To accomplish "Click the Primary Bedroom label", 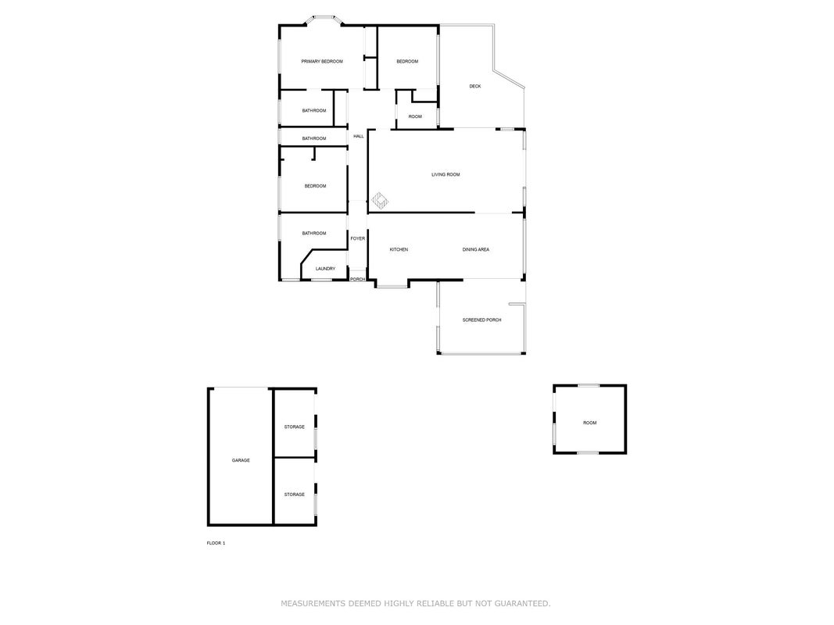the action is pyautogui.click(x=322, y=62).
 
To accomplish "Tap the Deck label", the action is pyautogui.click(x=475, y=86).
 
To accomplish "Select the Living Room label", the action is pyautogui.click(x=446, y=174).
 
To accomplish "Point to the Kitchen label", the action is pyautogui.click(x=399, y=249).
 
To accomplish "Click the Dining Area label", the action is pyautogui.click(x=475, y=249).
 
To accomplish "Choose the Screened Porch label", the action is pyautogui.click(x=482, y=320).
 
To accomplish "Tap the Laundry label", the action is pyautogui.click(x=325, y=269).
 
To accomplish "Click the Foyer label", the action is pyautogui.click(x=358, y=238).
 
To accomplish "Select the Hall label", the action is pyautogui.click(x=359, y=137).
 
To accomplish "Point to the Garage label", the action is pyautogui.click(x=241, y=460).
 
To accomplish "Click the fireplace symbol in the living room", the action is pyautogui.click(x=380, y=201).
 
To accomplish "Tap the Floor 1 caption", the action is pyautogui.click(x=216, y=543).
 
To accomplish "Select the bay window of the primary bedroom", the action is pyautogui.click(x=324, y=20).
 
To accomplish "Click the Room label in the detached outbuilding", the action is pyautogui.click(x=590, y=423).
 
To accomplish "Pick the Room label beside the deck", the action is pyautogui.click(x=415, y=117).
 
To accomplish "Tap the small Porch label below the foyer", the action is pyautogui.click(x=357, y=279).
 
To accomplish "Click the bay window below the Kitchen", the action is pyautogui.click(x=392, y=285).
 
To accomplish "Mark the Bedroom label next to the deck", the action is pyautogui.click(x=407, y=62).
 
